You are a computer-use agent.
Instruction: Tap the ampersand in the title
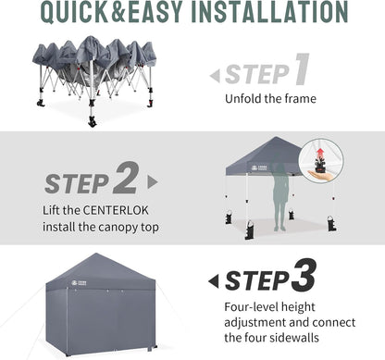tap(144, 13)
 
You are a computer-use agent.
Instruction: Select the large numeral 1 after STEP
tap(301, 71)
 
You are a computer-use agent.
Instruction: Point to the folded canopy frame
tap(93, 69)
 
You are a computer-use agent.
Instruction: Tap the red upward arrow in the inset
tap(321, 152)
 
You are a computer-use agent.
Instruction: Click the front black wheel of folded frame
tap(92, 121)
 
